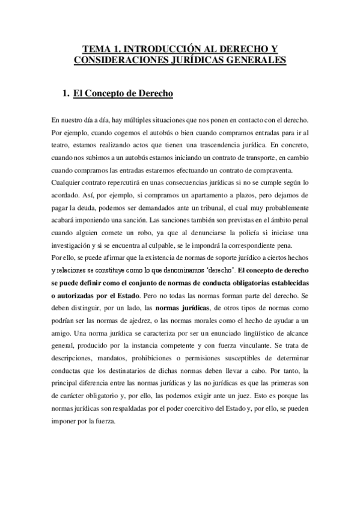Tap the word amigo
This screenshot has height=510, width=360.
point(62,333)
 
